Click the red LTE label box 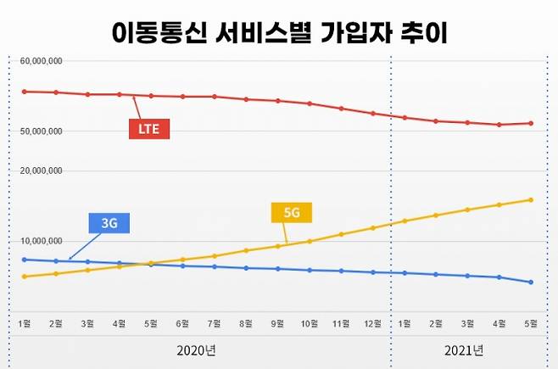click(x=149, y=130)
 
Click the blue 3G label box click(x=109, y=223)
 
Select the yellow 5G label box click(x=291, y=213)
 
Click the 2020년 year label click(x=198, y=350)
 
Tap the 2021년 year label click(x=463, y=350)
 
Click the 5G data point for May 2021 click(x=531, y=200)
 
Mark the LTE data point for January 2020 click(x=24, y=92)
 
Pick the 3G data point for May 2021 click(x=531, y=282)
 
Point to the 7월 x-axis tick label click(x=215, y=323)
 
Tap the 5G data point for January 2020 click(x=24, y=277)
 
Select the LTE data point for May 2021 click(x=531, y=123)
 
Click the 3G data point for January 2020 click(x=24, y=260)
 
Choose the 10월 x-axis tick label click(x=310, y=323)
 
